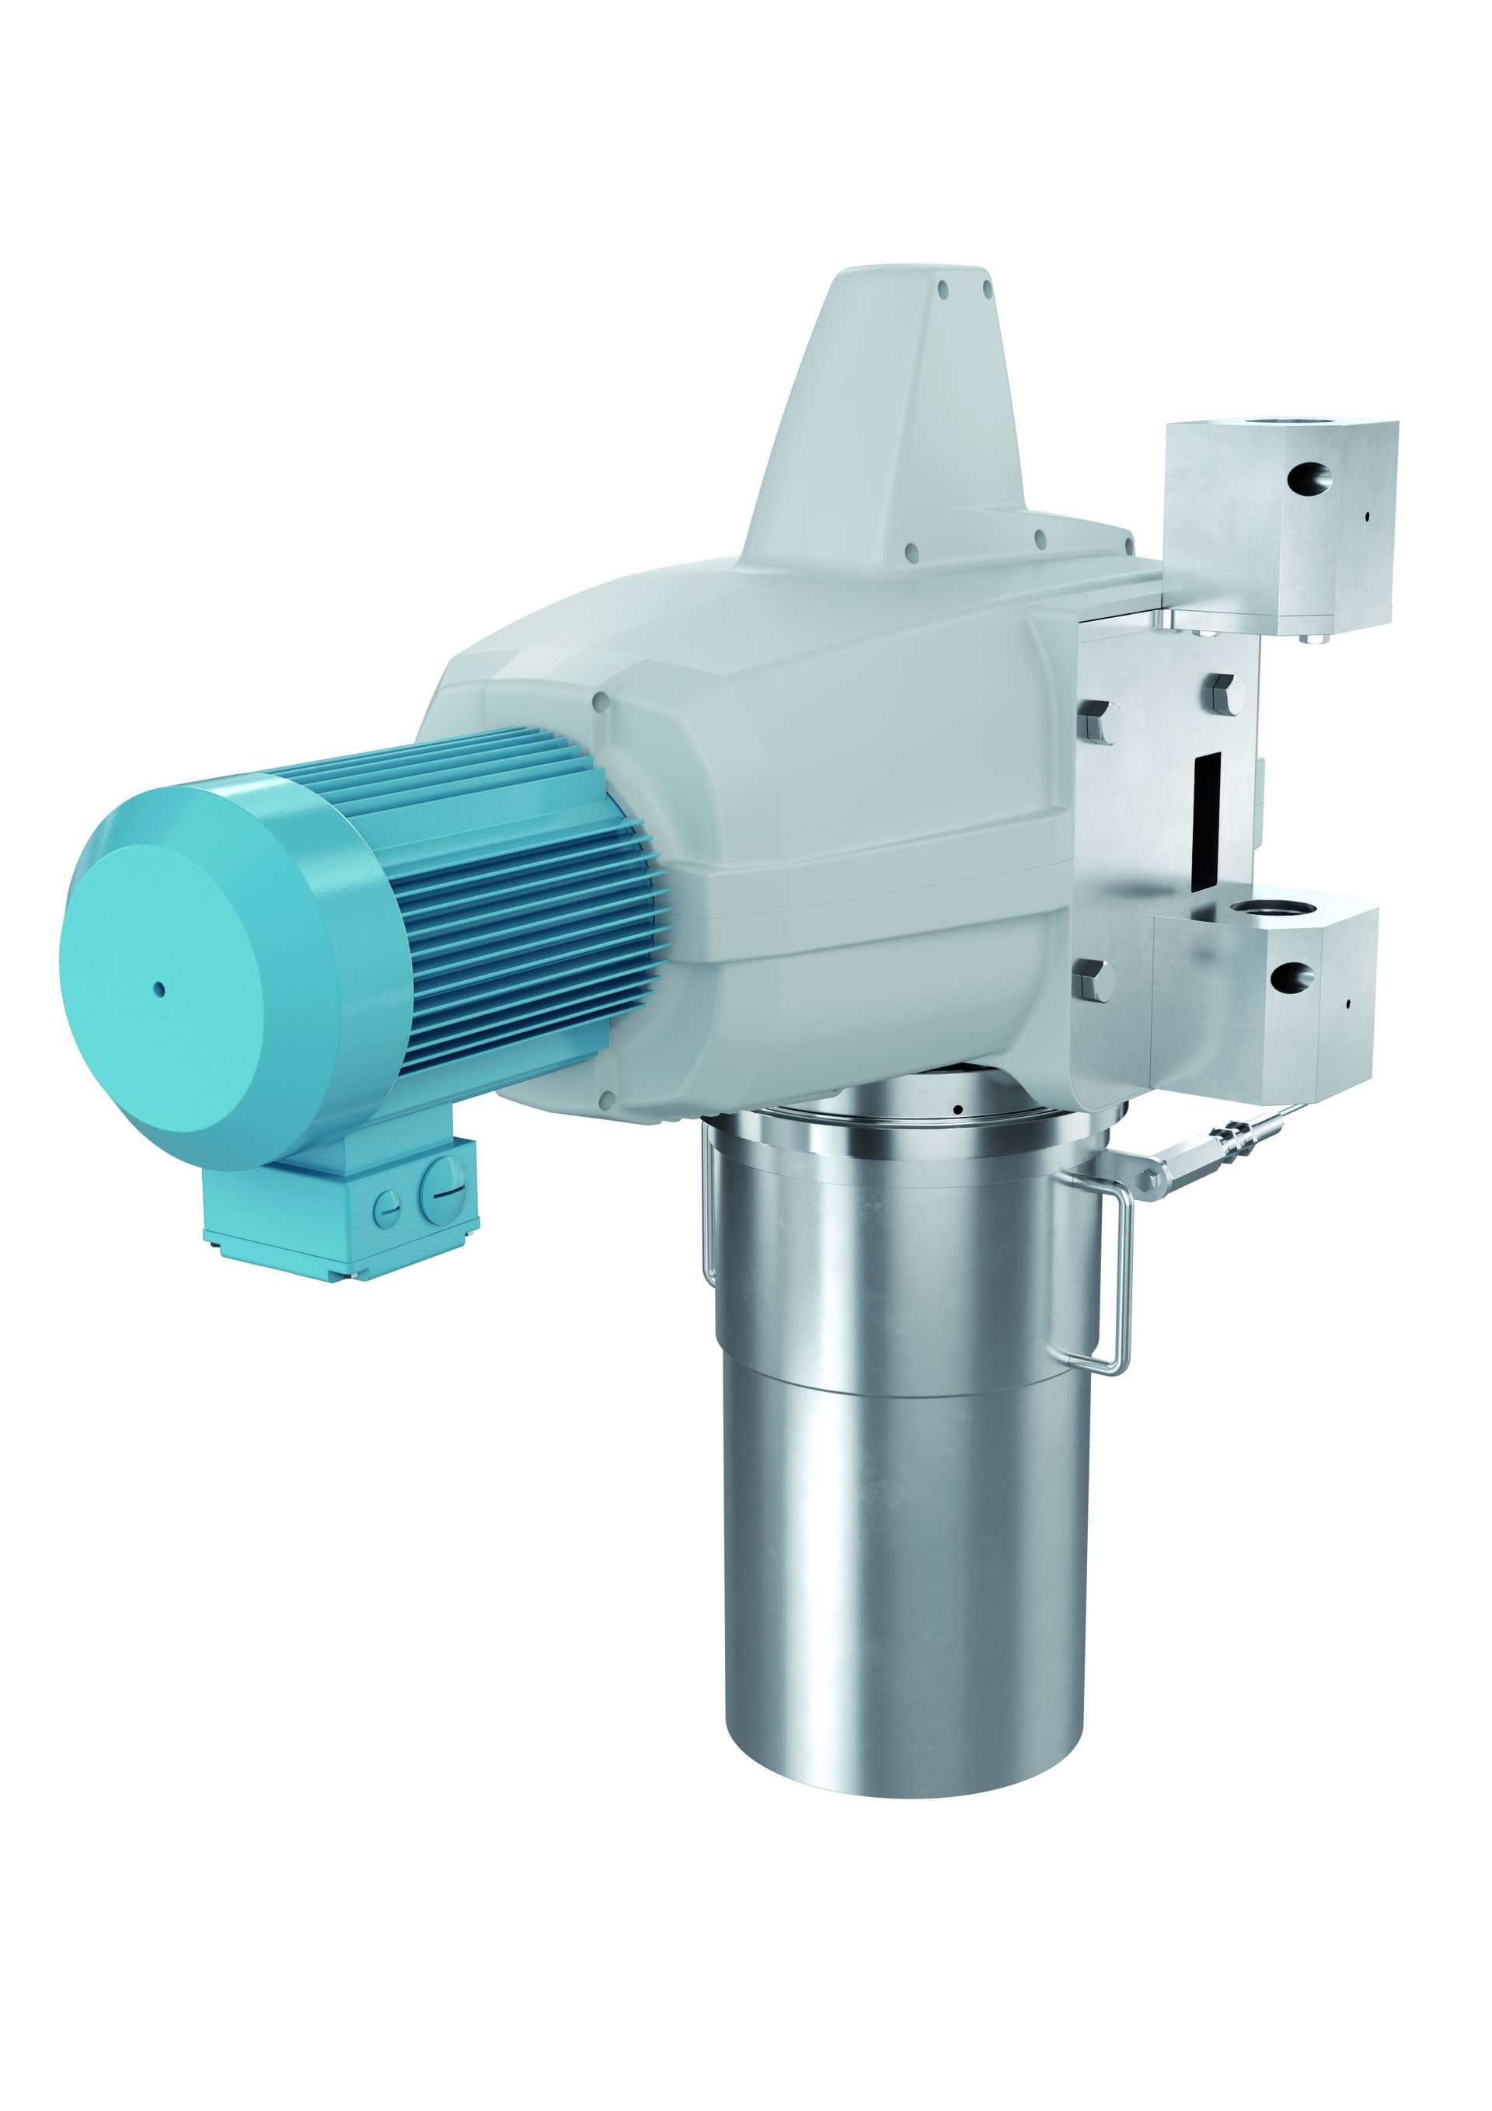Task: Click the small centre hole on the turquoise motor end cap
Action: (x=159, y=990)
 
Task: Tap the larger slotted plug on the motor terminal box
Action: (x=443, y=1191)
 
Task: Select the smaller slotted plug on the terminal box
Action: (x=387, y=1207)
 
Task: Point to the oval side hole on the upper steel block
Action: (x=1309, y=478)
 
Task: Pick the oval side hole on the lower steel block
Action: (x=1292, y=977)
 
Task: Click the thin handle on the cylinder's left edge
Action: (x=708, y=1213)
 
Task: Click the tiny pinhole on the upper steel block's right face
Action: (x=1366, y=517)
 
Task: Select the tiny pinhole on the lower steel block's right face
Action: (x=1347, y=1003)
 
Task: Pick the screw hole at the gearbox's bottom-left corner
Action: (x=606, y=1100)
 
